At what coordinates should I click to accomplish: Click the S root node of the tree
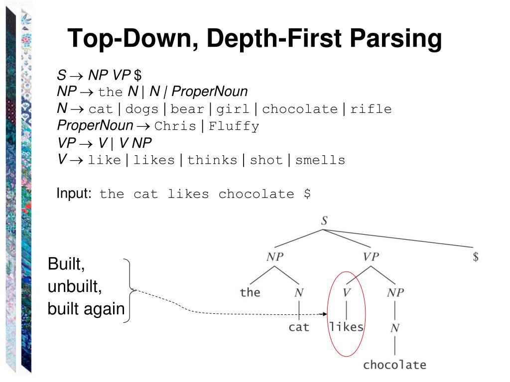click(324, 221)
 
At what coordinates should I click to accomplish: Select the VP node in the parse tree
click(371, 257)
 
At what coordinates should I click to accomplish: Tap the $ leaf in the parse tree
click(476, 257)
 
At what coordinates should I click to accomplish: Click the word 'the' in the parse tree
click(250, 292)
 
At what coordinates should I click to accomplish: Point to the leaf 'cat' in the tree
click(299, 327)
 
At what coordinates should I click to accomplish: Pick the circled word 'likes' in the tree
click(347, 327)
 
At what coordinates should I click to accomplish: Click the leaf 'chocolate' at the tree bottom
click(394, 365)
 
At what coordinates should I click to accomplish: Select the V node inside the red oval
click(347, 292)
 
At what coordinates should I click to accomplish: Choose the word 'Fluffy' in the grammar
click(234, 126)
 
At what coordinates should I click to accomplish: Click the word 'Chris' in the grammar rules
click(175, 126)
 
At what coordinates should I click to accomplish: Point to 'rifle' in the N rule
click(371, 109)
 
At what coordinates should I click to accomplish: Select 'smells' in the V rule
click(320, 160)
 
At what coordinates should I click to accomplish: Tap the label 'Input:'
click(74, 193)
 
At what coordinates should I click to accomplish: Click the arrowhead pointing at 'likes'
click(324, 314)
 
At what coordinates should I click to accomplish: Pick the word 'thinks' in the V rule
click(213, 160)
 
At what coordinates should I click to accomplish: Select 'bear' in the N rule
click(187, 109)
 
